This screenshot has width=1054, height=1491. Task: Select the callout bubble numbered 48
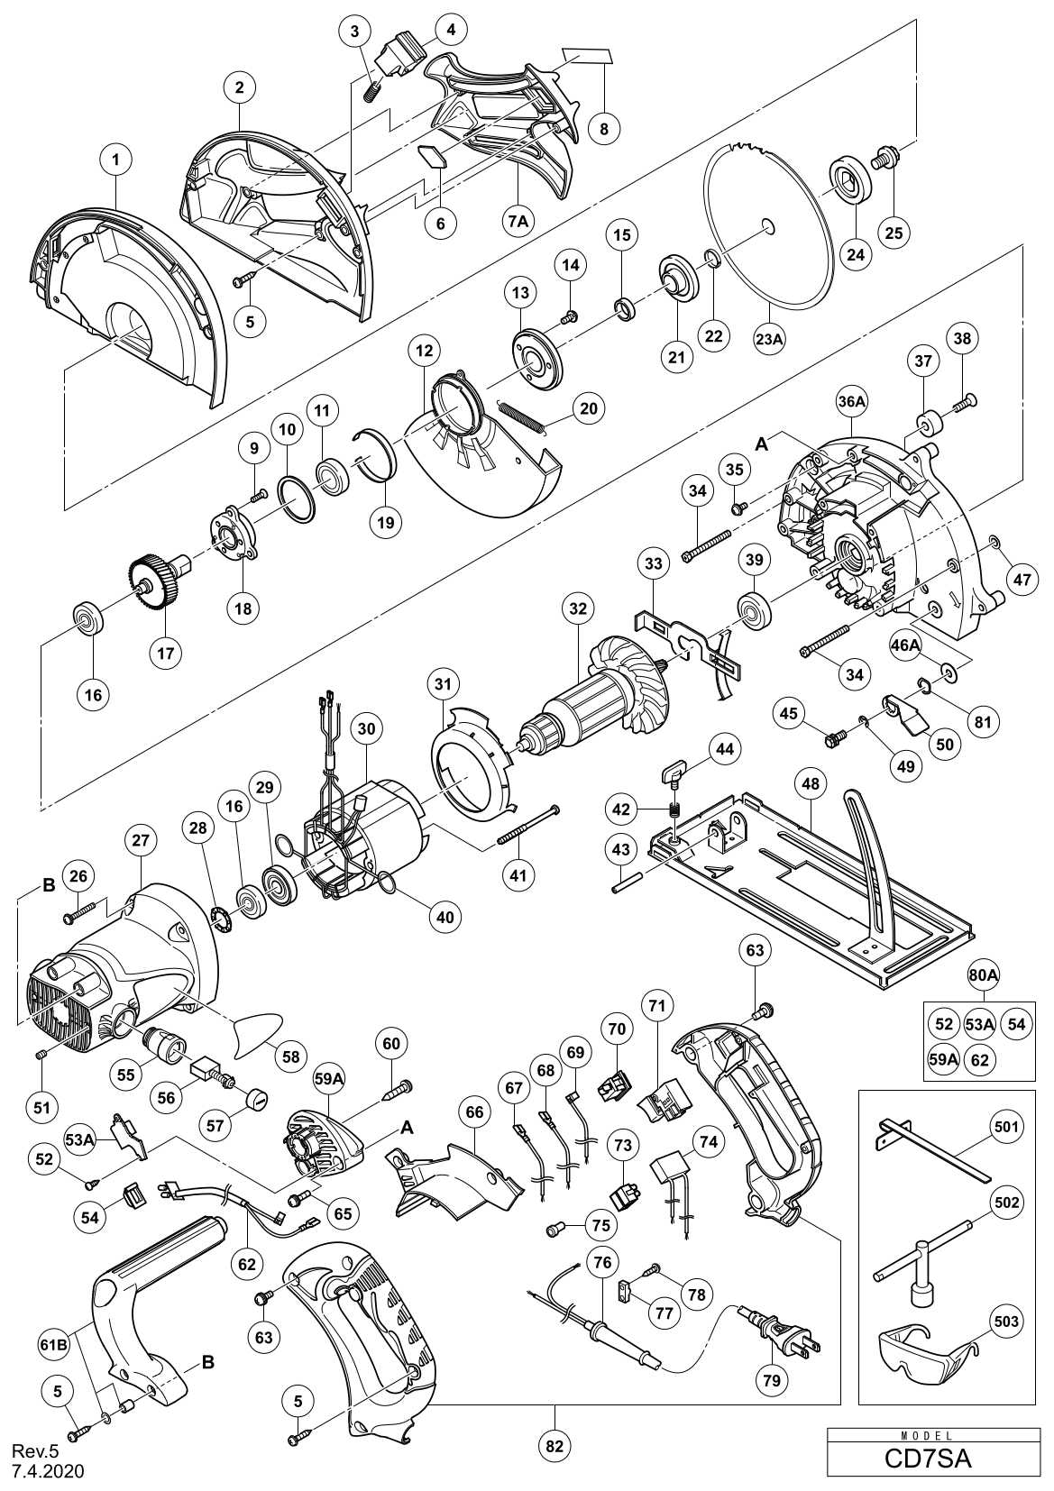[811, 784]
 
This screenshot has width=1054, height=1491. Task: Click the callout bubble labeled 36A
[851, 405]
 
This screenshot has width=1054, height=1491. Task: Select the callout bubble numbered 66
[474, 1112]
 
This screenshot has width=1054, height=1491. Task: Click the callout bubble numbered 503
[1006, 1322]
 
